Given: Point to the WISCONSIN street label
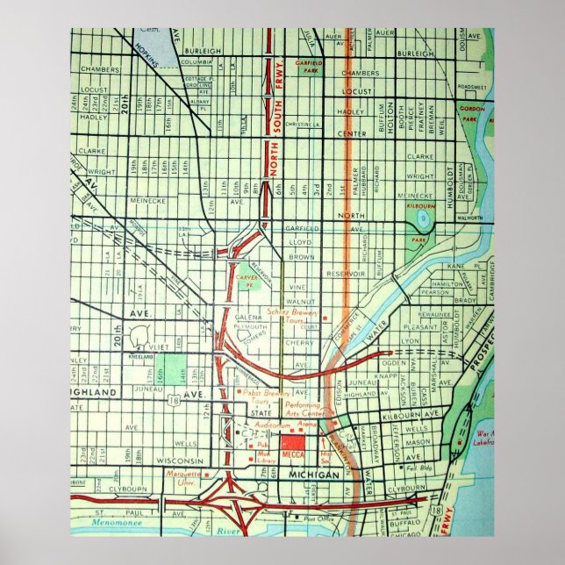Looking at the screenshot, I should (x=180, y=461).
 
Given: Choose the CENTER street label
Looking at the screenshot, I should (x=351, y=133).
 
